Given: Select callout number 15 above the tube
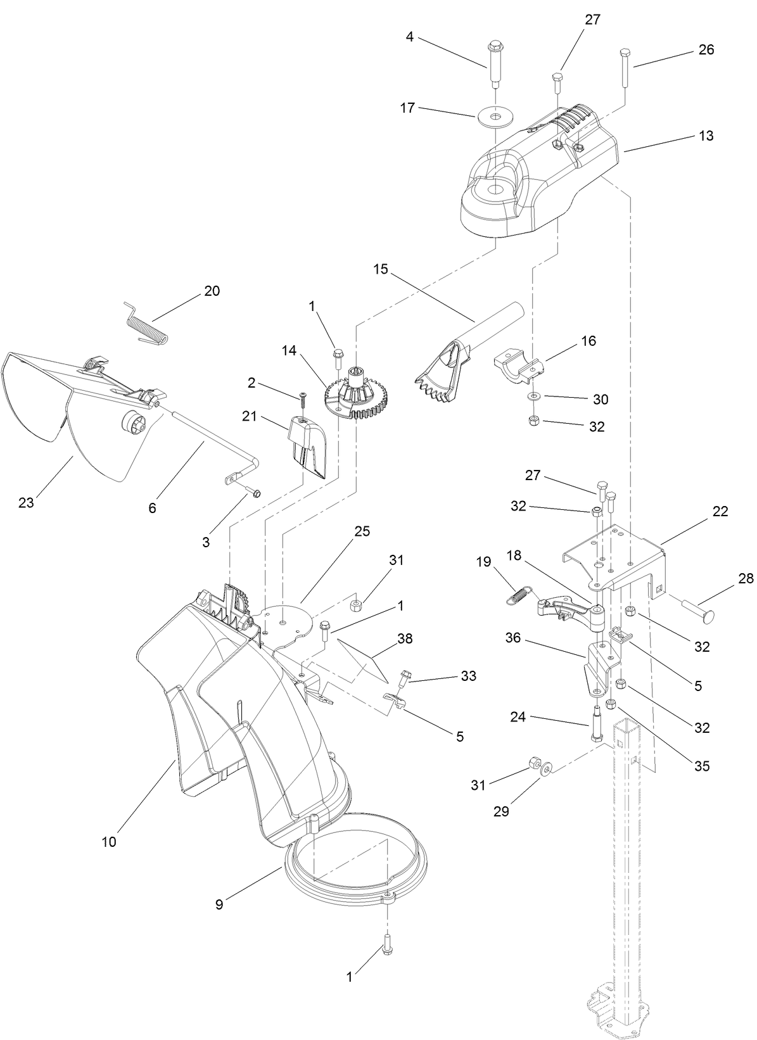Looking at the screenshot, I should click(380, 269).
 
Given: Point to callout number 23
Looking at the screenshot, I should click(26, 503).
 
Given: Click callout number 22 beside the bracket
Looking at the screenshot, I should click(720, 511).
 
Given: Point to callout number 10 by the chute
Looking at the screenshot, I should click(108, 842).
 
